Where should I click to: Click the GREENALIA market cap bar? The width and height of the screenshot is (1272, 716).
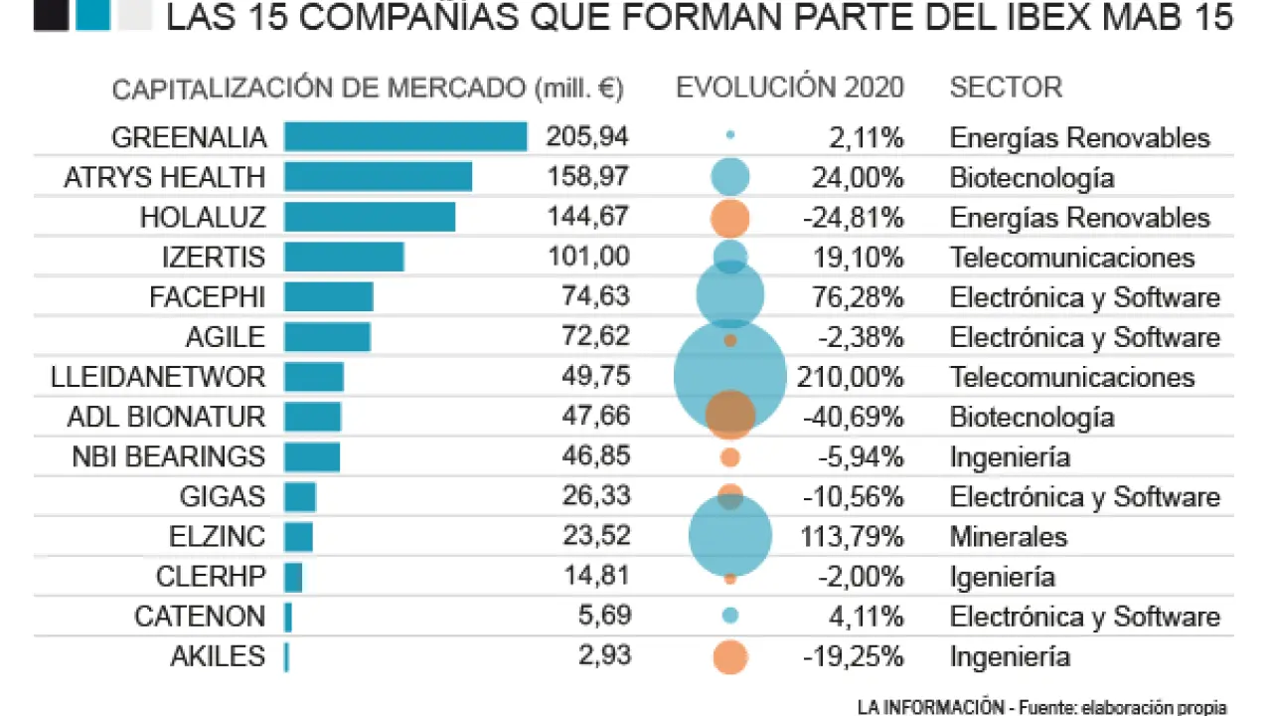point(405,137)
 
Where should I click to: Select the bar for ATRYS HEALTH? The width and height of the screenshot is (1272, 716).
point(378,177)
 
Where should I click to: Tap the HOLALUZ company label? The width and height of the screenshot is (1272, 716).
point(203,218)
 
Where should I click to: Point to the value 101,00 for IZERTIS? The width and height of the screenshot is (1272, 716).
point(588,257)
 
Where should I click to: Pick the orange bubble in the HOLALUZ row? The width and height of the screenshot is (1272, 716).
point(730,218)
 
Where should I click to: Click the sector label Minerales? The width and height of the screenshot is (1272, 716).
point(1009,537)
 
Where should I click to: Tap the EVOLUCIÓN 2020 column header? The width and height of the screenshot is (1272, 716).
point(790,88)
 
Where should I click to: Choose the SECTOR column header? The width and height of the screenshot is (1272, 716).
point(1006,88)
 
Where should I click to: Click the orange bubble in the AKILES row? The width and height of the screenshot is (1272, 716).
point(730,657)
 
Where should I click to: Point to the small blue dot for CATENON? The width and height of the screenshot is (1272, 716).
point(730,616)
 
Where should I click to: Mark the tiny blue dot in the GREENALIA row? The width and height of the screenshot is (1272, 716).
point(730,134)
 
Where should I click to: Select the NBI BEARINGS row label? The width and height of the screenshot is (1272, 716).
point(169,457)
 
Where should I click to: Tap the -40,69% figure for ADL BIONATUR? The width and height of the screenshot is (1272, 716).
point(854,417)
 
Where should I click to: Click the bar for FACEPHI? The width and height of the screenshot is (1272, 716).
point(329,296)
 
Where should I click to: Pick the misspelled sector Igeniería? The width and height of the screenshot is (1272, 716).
point(1003,577)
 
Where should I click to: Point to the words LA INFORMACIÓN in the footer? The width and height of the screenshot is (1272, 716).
point(930,707)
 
